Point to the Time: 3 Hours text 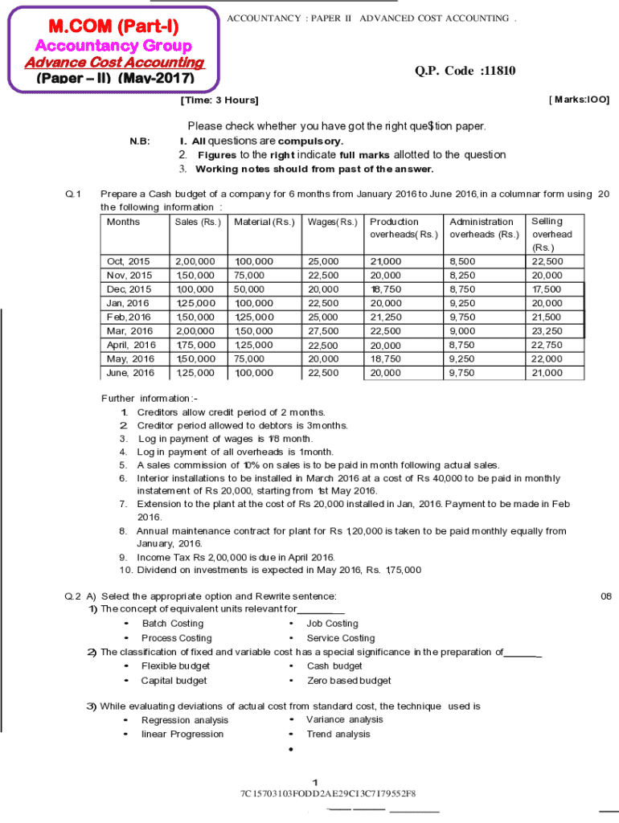tap(219, 100)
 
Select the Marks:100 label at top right tap(578, 100)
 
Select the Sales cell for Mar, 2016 tap(195, 331)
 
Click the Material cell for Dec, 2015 tap(249, 289)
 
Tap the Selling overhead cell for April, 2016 tap(547, 345)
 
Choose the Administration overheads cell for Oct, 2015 tap(462, 262)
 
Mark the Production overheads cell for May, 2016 tap(385, 359)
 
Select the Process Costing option tap(176, 638)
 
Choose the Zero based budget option tap(349, 681)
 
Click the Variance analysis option tap(344, 720)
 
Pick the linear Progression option tap(182, 735)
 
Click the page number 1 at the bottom tap(317, 782)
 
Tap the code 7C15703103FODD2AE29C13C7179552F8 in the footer tap(327, 795)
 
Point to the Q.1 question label tap(73, 194)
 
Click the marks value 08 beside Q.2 tap(606, 596)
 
